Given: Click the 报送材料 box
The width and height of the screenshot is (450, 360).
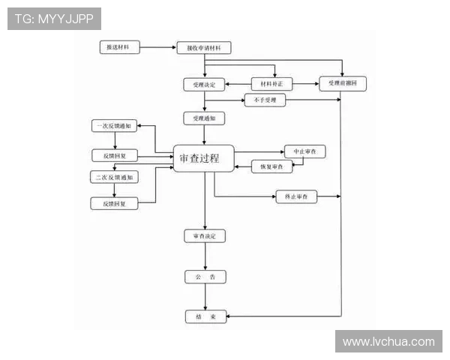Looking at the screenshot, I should (x=119, y=47).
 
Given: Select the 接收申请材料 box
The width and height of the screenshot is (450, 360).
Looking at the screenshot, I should (x=204, y=48).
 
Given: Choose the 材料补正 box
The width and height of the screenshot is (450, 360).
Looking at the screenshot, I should (x=271, y=84).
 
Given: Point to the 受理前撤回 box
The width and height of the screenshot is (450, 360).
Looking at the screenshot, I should (x=343, y=84).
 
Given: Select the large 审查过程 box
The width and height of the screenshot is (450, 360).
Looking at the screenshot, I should (x=204, y=158).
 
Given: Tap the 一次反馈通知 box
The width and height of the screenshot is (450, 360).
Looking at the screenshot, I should (x=114, y=126).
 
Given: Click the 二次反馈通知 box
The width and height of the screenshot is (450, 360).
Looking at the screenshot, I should (x=114, y=178).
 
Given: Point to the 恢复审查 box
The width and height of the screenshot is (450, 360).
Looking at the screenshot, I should (x=271, y=166).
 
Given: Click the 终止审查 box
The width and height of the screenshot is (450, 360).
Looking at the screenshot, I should (x=297, y=196).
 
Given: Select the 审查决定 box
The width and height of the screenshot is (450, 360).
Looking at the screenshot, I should (x=205, y=236).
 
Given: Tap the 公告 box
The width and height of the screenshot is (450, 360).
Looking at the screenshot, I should (x=205, y=277).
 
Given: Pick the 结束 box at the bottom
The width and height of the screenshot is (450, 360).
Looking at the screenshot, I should (x=205, y=317).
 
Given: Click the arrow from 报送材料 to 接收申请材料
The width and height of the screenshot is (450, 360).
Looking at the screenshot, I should (x=157, y=48).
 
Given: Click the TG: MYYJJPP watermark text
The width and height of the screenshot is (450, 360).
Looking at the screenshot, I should (x=53, y=18).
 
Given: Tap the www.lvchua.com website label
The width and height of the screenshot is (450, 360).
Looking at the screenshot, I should (x=388, y=341).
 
